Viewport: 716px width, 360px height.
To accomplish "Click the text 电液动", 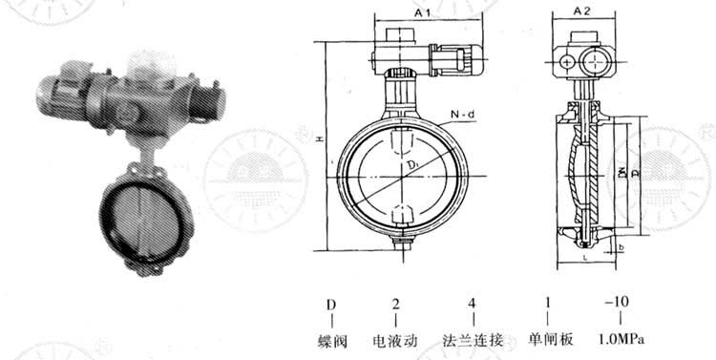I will coord(396,340).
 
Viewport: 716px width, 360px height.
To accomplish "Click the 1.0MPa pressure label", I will coord(618,340).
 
